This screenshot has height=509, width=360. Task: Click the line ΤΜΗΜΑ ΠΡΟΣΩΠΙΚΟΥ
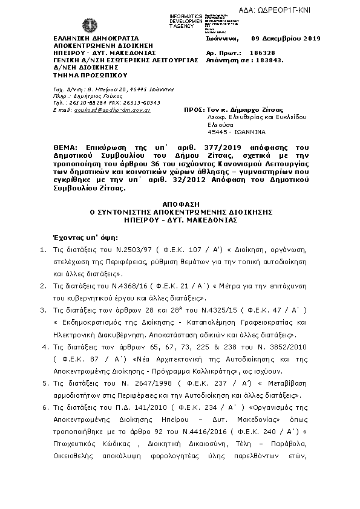pyautogui.click(x=82, y=76)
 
